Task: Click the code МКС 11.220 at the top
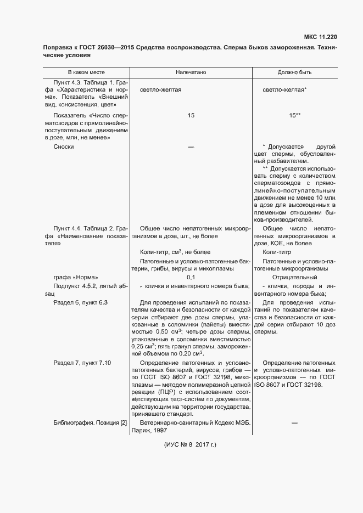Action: [320, 37]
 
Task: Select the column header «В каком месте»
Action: [86, 72]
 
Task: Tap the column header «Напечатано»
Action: [191, 72]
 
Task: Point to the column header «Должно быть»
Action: [294, 72]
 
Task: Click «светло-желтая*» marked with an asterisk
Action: [284, 89]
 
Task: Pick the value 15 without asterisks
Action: [191, 116]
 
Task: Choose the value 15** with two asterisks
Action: [294, 116]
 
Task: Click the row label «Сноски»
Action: [64, 146]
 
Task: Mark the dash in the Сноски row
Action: [191, 146]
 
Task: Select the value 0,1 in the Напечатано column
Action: [191, 278]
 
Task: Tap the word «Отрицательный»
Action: [294, 278]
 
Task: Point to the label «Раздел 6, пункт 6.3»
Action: [80, 303]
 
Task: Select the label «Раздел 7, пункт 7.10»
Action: [82, 363]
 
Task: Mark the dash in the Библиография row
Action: [294, 422]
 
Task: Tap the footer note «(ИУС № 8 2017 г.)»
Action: [191, 445]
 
